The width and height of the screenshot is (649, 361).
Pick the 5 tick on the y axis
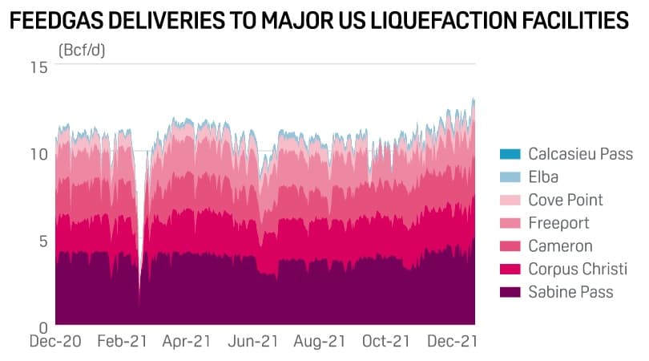click(x=43, y=241)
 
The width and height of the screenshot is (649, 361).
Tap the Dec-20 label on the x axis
click(x=55, y=341)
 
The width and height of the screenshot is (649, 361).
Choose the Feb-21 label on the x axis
click(x=122, y=341)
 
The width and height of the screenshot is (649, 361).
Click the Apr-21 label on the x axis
click(x=187, y=341)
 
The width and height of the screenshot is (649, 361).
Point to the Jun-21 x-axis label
click(x=252, y=341)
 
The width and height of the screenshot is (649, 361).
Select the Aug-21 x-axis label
click(x=319, y=341)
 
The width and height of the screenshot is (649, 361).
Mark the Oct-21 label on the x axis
click(x=385, y=341)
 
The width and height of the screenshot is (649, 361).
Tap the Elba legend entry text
click(x=543, y=176)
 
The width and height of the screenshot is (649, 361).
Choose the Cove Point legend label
click(x=566, y=200)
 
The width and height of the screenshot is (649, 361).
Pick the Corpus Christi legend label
click(x=577, y=269)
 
